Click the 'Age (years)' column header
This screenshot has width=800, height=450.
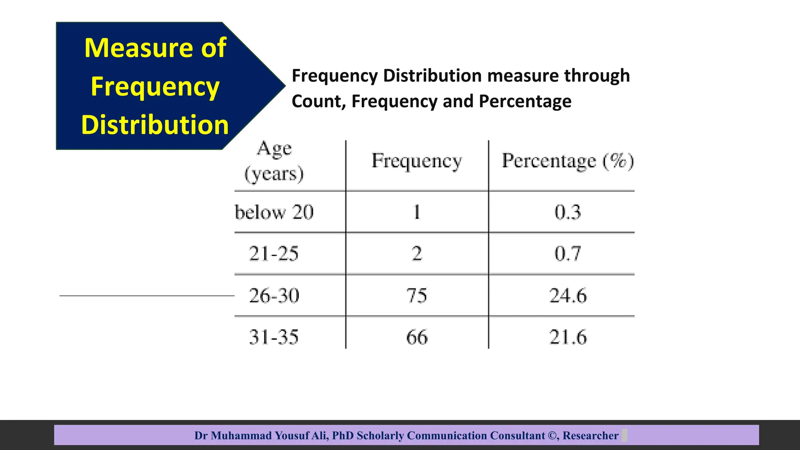(x=274, y=161)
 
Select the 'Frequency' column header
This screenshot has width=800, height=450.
(x=417, y=161)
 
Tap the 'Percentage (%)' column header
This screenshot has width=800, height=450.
(x=568, y=161)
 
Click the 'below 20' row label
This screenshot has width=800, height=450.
(x=274, y=212)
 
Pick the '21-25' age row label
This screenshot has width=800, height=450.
(x=274, y=254)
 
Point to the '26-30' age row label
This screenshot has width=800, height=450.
(x=274, y=296)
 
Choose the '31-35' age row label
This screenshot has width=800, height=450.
(x=274, y=337)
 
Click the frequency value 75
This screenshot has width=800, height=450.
(x=417, y=296)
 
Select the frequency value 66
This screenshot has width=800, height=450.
(x=417, y=337)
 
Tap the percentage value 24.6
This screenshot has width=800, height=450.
(x=568, y=296)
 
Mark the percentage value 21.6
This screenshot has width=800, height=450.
(x=568, y=337)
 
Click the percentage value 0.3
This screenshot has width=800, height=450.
(x=568, y=212)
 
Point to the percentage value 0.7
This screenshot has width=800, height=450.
(x=568, y=254)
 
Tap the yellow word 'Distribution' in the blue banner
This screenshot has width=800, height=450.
(x=155, y=125)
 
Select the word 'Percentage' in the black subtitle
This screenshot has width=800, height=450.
(x=525, y=102)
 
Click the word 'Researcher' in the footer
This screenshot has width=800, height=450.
(x=590, y=436)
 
